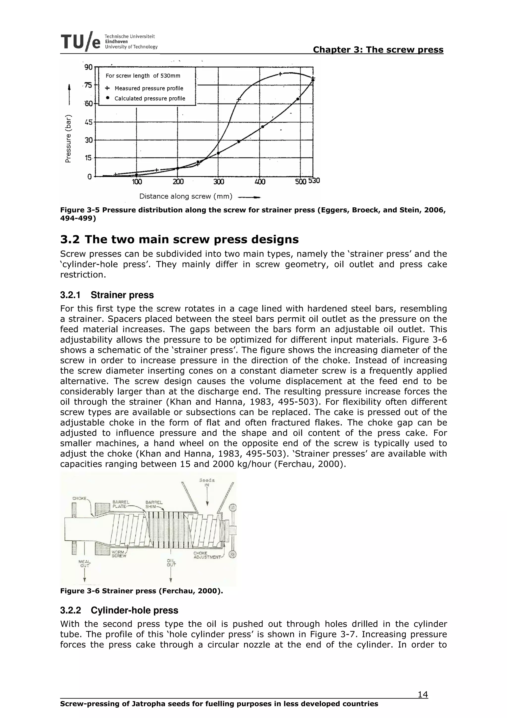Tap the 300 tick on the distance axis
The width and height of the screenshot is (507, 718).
[x=219, y=182]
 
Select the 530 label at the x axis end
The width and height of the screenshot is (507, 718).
[x=314, y=181]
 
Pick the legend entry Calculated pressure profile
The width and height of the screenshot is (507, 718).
[x=150, y=99]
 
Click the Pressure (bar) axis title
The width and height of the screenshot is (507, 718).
[x=68, y=139]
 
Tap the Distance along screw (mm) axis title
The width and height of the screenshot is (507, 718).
[x=186, y=196]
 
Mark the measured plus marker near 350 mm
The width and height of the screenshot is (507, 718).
[x=238, y=100]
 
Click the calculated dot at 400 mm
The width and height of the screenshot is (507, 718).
[x=263, y=127]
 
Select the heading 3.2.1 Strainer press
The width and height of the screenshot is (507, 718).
[x=107, y=295]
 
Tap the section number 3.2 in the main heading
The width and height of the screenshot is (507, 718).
[x=70, y=240]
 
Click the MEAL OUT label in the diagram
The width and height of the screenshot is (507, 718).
[x=85, y=563]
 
